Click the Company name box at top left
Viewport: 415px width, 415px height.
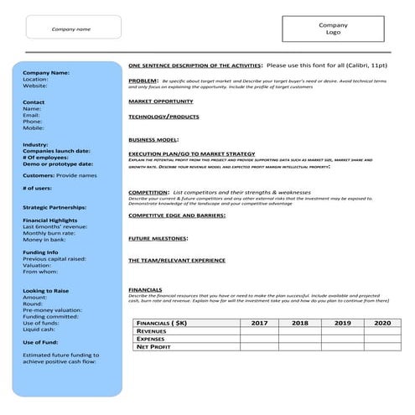click(72, 29)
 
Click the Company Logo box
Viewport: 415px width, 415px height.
click(333, 29)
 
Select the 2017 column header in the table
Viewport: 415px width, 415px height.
click(259, 323)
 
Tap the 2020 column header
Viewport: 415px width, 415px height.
click(381, 323)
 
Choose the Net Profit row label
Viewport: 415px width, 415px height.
click(155, 346)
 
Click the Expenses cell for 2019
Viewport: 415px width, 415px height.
click(341, 339)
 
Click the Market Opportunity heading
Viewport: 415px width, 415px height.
click(160, 101)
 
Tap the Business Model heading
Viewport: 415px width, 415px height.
click(153, 139)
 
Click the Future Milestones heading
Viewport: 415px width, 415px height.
click(158, 238)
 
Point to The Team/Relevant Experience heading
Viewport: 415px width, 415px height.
click(177, 261)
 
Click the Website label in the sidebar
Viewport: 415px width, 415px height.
click(35, 86)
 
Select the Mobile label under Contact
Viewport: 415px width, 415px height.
click(34, 128)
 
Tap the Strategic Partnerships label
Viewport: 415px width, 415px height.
click(54, 206)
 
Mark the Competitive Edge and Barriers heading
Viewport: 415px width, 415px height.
click(177, 215)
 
